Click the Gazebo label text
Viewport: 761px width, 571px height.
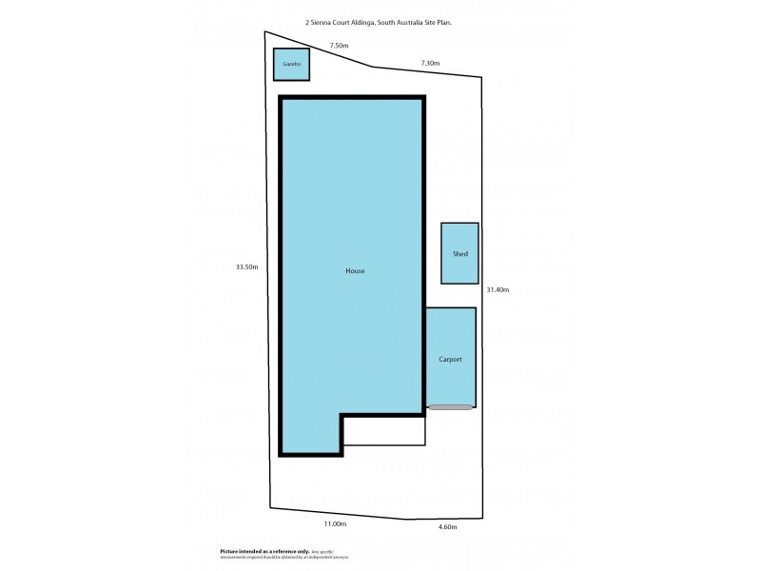[x=292, y=64]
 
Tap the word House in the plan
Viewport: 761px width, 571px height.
[x=355, y=271]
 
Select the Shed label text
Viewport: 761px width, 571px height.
[x=459, y=254]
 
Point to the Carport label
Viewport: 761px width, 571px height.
[x=450, y=359]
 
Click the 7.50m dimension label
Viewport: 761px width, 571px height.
[x=339, y=46]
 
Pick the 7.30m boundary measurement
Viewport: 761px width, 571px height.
[x=430, y=63]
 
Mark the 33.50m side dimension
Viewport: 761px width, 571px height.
[x=247, y=266]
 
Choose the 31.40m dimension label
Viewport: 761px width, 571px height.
[x=498, y=289]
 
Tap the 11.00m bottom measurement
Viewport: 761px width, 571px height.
[x=335, y=524]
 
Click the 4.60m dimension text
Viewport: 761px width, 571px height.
[x=447, y=527]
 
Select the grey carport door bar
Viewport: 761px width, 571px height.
[x=450, y=407]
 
